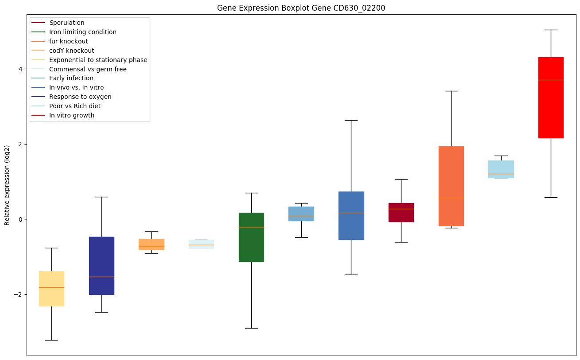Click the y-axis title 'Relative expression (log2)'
7,185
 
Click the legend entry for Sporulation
67,23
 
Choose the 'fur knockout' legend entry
69,41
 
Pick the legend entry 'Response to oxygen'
80,97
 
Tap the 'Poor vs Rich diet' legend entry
75,106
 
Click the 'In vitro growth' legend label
72,115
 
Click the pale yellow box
51,289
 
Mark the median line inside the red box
551,80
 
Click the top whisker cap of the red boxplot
551,30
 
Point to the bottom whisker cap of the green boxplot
251,328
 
